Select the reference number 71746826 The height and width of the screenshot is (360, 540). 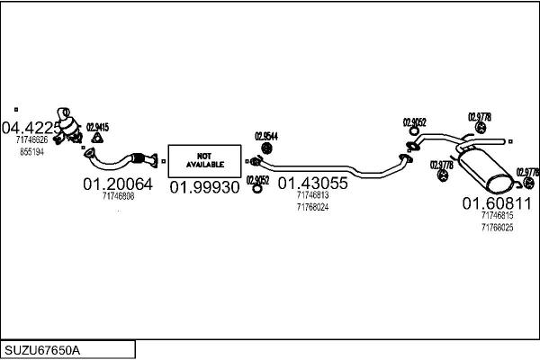point(33,139)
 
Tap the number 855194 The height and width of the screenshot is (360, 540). point(31,152)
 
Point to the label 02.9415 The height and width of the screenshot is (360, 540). point(97,127)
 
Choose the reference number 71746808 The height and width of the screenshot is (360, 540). point(118,196)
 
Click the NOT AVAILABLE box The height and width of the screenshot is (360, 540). point(204,160)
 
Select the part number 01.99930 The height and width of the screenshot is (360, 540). point(205,186)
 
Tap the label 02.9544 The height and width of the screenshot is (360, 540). point(266,136)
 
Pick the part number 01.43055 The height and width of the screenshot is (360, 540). point(312,182)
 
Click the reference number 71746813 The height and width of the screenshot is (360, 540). point(312,194)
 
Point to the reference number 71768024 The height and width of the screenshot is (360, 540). point(312,206)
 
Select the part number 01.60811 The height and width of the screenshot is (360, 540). point(497,203)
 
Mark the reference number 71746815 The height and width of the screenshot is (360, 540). point(497,216)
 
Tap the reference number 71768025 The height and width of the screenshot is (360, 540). point(497,228)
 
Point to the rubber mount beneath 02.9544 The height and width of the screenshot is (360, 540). point(267,148)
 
